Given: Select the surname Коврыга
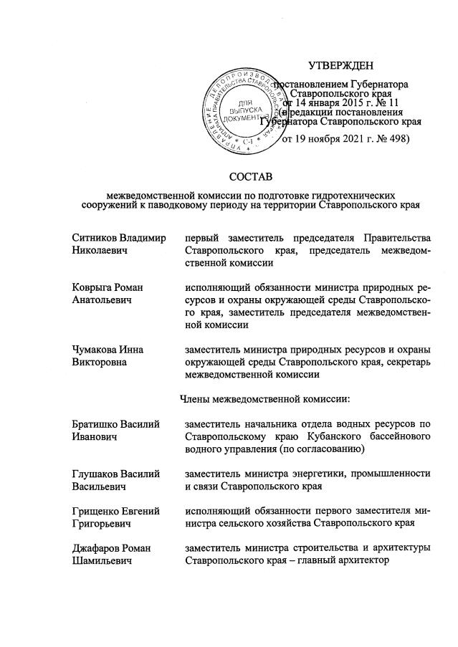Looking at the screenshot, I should [x=93, y=287].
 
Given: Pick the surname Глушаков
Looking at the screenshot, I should [x=96, y=474].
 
